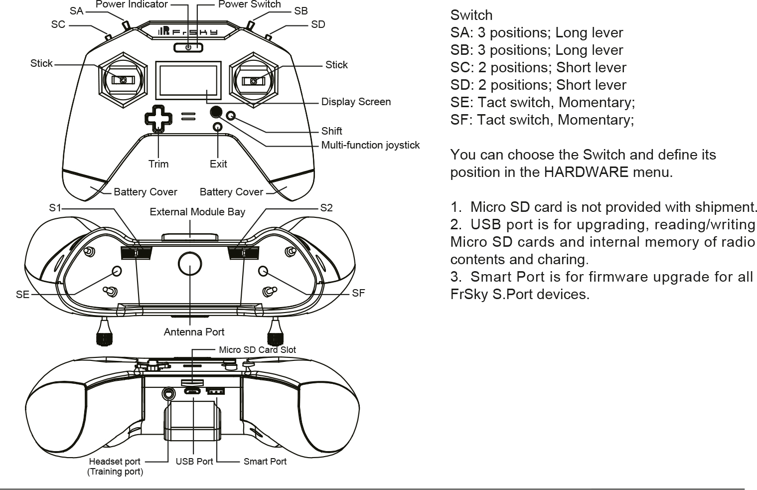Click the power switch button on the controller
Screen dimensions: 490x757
pos(189,47)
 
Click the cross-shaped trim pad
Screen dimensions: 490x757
pos(158,118)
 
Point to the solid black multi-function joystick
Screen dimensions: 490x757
pos(216,112)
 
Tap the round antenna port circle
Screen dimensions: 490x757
pos(190,264)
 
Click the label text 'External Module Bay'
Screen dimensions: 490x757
pos(197,212)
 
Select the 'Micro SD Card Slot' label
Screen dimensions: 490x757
pos(257,350)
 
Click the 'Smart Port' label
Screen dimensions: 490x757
pos(265,462)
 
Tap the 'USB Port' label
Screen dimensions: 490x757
pos(194,462)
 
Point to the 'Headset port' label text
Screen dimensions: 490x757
pos(115,462)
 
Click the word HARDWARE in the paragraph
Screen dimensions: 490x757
pos(586,172)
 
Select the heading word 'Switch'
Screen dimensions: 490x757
pos(471,15)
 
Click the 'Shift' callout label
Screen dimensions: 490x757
pos(331,131)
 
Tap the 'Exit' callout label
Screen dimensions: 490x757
pos(218,164)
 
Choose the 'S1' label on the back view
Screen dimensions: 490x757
pos(54,208)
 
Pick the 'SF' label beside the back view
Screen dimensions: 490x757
pos(358,293)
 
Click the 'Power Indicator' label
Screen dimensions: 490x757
pos(132,4)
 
